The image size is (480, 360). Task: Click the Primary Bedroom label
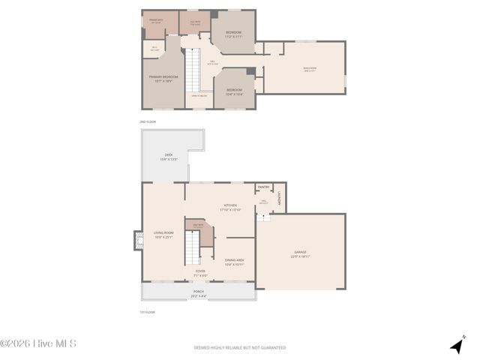(161, 78)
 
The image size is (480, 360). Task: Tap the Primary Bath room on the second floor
(157, 21)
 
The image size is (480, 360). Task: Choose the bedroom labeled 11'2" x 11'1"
(234, 34)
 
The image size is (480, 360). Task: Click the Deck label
(169, 157)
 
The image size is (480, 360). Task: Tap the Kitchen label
(229, 207)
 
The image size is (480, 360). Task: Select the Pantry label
(263, 187)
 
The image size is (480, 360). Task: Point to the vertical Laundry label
(278, 198)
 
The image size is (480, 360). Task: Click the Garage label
(300, 254)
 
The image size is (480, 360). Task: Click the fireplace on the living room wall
(137, 241)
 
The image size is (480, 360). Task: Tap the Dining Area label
(234, 262)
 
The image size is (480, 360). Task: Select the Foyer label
(200, 272)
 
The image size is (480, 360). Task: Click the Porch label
(199, 293)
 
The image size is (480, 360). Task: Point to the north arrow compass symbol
(457, 345)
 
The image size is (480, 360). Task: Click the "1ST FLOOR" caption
(147, 312)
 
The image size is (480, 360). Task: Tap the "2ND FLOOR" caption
(147, 121)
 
